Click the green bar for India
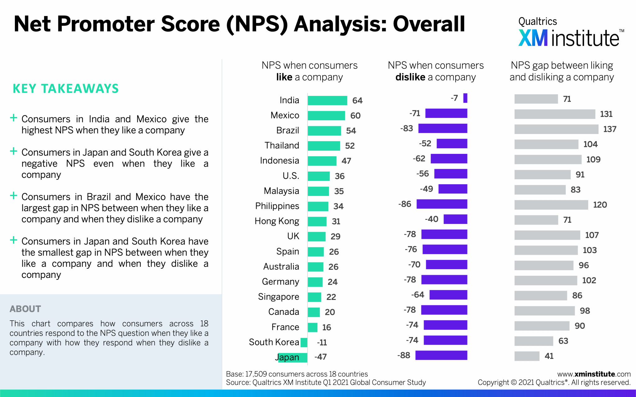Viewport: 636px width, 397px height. tap(327, 100)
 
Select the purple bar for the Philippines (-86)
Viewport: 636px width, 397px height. tap(442, 204)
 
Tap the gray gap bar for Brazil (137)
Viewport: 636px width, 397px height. tap(556, 129)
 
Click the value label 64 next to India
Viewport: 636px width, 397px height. tap(357, 100)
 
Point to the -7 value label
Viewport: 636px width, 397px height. tap(454, 98)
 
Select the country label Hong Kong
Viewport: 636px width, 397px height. tap(277, 221)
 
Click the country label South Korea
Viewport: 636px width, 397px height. tap(274, 342)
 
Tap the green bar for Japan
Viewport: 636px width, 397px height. tap(292, 357)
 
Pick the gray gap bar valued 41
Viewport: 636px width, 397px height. tap(527, 356)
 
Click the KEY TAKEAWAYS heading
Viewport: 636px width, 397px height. tap(66, 89)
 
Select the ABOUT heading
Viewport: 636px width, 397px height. tap(25, 309)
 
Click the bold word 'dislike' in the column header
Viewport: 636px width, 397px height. tap(410, 77)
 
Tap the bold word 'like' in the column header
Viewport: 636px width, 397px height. tap(284, 77)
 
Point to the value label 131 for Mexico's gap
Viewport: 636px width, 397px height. tap(606, 114)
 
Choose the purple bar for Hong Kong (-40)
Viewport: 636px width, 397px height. tap(455, 219)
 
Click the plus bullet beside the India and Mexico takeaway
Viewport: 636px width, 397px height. tap(13, 118)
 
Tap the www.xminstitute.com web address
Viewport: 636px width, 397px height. tap(594, 374)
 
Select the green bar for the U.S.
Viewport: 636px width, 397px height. tap(319, 176)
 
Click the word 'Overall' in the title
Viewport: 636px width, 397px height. tap(429, 24)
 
